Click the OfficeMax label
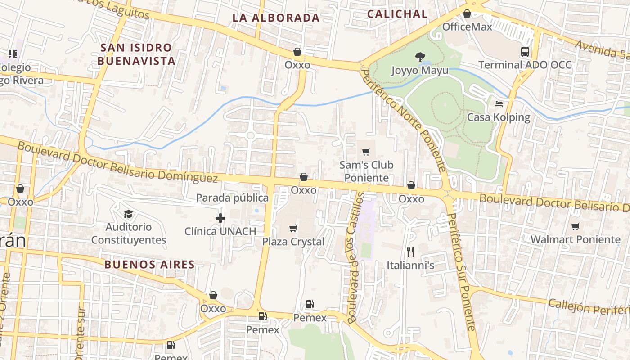(467, 27)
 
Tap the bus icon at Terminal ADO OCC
(525, 51)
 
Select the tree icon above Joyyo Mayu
(420, 57)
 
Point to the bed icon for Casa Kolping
(499, 104)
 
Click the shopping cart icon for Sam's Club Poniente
(366, 152)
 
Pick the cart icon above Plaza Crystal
(293, 229)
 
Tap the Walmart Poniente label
(575, 239)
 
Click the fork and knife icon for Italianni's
(410, 252)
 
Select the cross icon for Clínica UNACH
(220, 219)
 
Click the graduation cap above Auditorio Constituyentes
(129, 214)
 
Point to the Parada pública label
(232, 198)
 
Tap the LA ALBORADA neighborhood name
(276, 18)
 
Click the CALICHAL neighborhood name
(397, 14)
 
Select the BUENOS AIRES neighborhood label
(149, 265)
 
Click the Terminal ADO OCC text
(525, 65)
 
